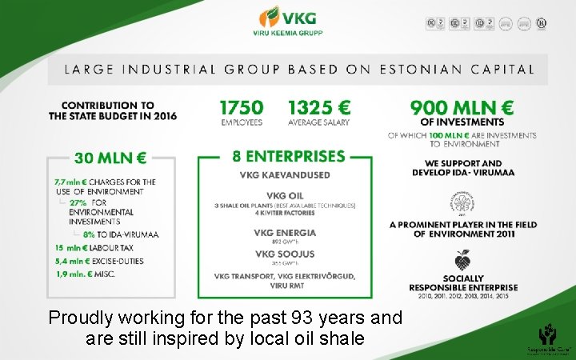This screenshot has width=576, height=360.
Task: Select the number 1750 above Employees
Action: pos(241,106)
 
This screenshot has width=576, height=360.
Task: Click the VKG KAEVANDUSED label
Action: pos(284,175)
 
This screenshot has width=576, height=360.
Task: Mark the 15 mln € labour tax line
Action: pos(88,247)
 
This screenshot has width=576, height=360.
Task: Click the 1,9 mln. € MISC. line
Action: pos(85,274)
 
